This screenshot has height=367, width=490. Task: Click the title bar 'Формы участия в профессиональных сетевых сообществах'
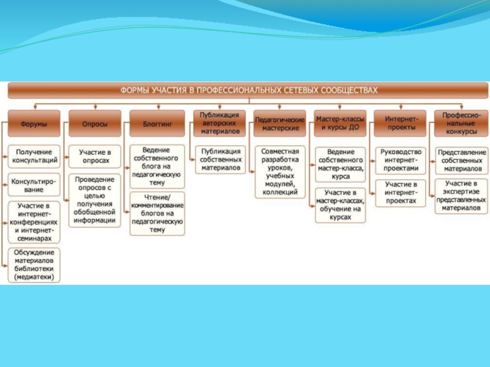coord(248,91)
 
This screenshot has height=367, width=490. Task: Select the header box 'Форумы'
coord(34,124)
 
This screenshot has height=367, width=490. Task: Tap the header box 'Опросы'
coord(95,124)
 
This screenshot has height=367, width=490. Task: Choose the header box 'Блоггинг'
coord(157,124)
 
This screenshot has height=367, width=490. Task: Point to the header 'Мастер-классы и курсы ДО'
coord(341,123)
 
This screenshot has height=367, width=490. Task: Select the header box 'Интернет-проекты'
coord(401,123)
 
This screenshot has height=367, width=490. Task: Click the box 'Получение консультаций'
coord(35,156)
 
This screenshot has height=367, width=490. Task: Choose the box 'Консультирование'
coord(35,185)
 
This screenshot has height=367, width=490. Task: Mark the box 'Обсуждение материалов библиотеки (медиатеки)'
coord(35,264)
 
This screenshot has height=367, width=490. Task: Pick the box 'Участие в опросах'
coord(96,156)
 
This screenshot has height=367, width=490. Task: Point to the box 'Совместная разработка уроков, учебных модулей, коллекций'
coord(280,171)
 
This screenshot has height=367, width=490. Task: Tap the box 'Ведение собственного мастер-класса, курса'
coord(341,164)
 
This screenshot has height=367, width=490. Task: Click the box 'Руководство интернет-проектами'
coord(401,160)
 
